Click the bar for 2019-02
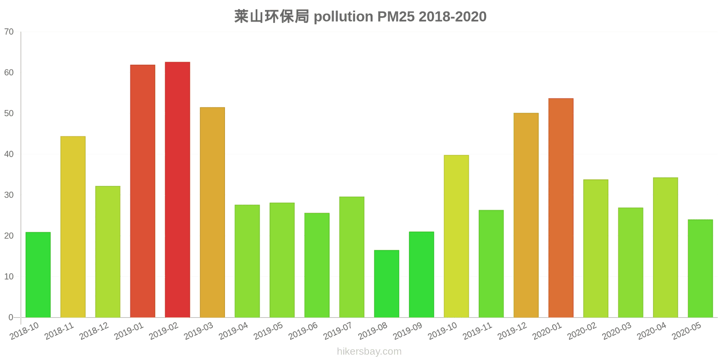click(x=177, y=189)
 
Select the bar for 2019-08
click(x=387, y=283)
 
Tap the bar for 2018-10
click(x=38, y=274)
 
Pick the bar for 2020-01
click(x=561, y=207)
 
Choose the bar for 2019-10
click(x=456, y=236)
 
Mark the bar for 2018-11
click(x=73, y=227)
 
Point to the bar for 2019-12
click(x=526, y=215)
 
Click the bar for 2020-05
click(x=700, y=268)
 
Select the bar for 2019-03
click(x=212, y=212)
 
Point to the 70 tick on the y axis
click(x=9, y=32)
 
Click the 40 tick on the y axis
click(x=9, y=154)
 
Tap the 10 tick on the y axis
click(x=9, y=277)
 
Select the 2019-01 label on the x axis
click(x=129, y=331)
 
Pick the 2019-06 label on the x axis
click(x=303, y=331)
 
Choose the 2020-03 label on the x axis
click(x=617, y=331)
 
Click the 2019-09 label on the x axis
click(x=408, y=331)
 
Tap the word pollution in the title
click(x=343, y=17)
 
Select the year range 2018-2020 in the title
click(x=452, y=17)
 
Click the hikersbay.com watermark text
click(x=369, y=351)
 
